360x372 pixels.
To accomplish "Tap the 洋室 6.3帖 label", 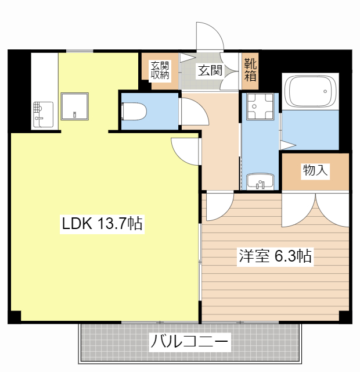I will [275, 256].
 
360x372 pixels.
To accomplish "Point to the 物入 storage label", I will [315, 171].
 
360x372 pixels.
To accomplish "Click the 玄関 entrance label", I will [210, 71].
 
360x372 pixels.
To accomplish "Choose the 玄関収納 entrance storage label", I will [160, 70].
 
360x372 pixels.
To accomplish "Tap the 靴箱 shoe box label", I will [250, 69].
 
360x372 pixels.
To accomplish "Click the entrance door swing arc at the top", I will [210, 37].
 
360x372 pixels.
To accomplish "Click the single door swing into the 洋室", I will [218, 206].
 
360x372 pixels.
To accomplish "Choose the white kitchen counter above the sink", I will [44, 76].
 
